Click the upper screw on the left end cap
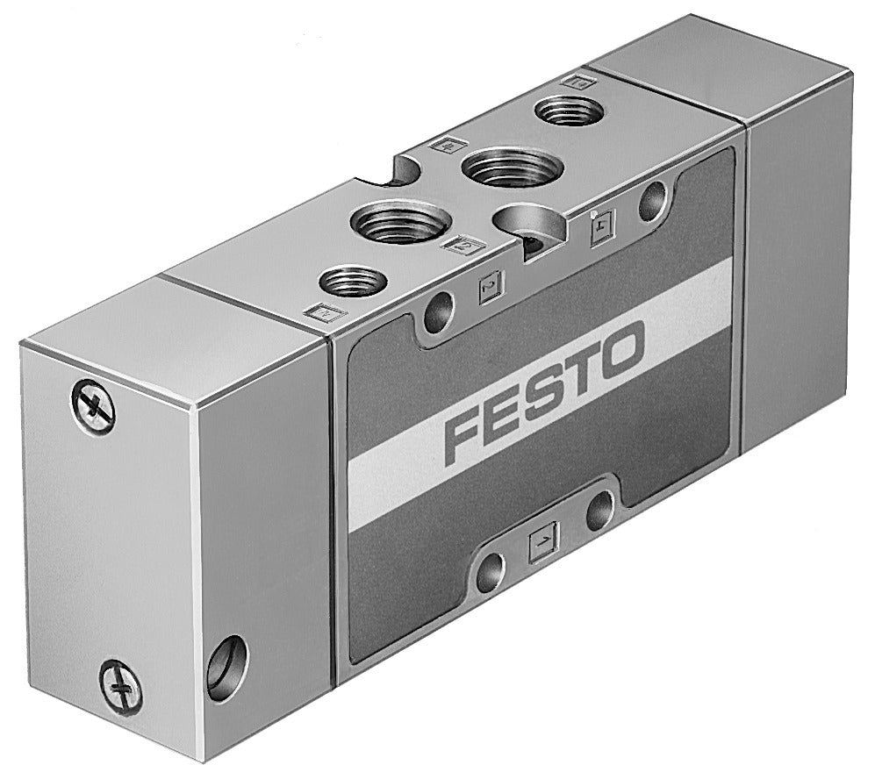click(92, 406)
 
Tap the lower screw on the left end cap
click(120, 682)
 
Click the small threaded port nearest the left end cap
click(349, 282)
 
